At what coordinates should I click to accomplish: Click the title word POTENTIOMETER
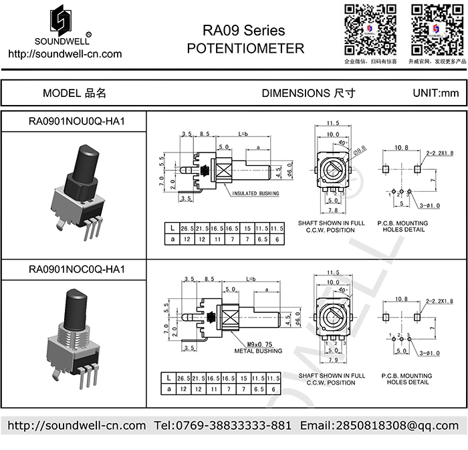point(245,48)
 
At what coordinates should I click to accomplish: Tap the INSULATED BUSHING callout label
point(256,194)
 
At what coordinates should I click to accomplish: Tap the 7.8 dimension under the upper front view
point(332,209)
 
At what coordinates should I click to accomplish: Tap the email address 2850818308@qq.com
point(378,425)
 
